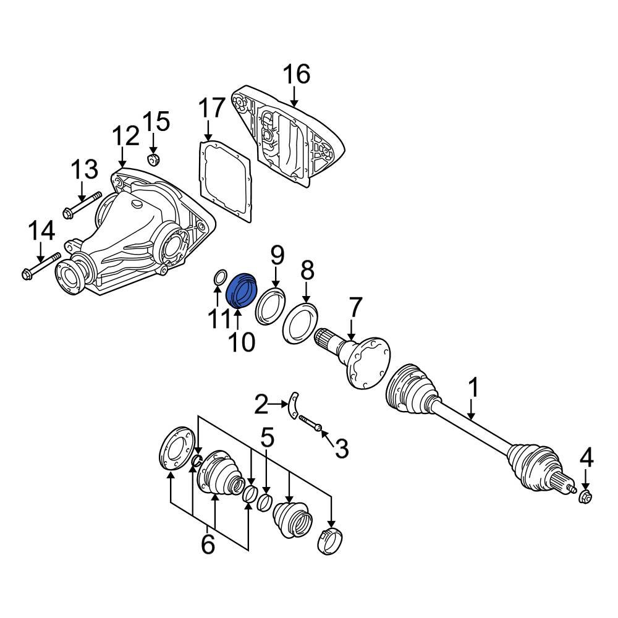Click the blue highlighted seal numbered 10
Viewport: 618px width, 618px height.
click(x=242, y=289)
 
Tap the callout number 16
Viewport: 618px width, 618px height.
click(x=296, y=74)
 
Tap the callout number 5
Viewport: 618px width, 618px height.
click(x=267, y=438)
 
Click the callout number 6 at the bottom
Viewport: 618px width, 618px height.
click(x=208, y=544)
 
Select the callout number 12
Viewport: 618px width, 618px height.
click(x=125, y=135)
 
